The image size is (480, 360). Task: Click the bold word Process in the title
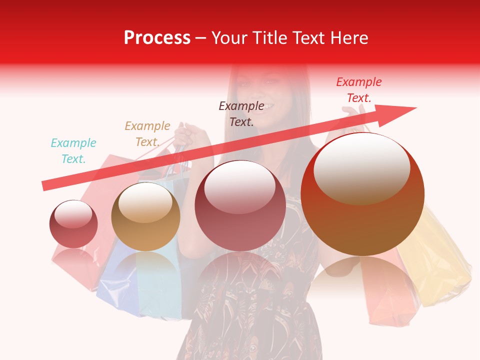coord(157,38)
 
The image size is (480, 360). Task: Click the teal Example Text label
coord(73,151)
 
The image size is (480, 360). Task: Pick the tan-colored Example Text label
coord(147,134)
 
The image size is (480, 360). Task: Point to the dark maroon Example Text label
coord(241,113)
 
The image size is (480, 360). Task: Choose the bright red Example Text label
coord(358,90)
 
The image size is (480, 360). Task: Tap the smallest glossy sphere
coord(73,224)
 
